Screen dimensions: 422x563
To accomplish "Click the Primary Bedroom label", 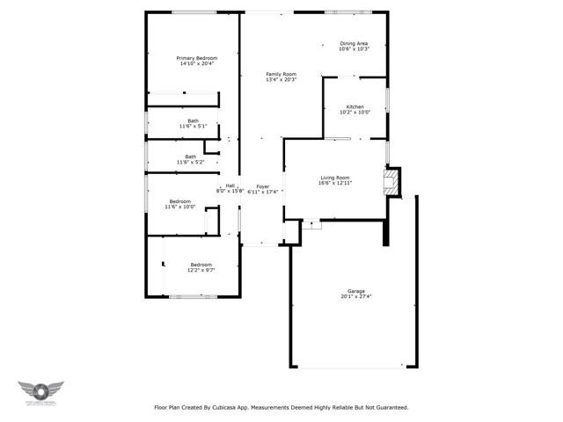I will pyautogui.click(x=197, y=58).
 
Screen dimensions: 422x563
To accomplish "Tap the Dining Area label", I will pyautogui.click(x=354, y=43).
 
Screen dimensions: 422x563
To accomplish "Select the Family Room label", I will pyautogui.click(x=281, y=74).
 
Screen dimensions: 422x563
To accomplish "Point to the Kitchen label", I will pyautogui.click(x=355, y=107).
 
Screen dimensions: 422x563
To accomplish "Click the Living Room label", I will pyautogui.click(x=334, y=178).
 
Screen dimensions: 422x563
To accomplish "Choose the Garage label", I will pyautogui.click(x=356, y=290).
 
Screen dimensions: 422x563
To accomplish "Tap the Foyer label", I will pyautogui.click(x=262, y=186).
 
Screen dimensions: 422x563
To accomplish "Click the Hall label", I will pyautogui.click(x=230, y=186).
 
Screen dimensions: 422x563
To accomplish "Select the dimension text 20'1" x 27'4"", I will pyautogui.click(x=356, y=296).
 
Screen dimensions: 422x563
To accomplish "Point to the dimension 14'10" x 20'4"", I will pyautogui.click(x=197, y=64).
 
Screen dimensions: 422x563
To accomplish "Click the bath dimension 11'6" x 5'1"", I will pyautogui.click(x=192, y=127).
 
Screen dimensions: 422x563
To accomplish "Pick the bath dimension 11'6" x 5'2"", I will pyautogui.click(x=191, y=163).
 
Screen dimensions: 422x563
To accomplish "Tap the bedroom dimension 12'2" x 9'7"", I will pyautogui.click(x=201, y=270).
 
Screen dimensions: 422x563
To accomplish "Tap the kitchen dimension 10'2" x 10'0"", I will pyautogui.click(x=355, y=113).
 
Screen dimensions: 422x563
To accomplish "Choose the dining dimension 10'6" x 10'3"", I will pyautogui.click(x=354, y=49).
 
